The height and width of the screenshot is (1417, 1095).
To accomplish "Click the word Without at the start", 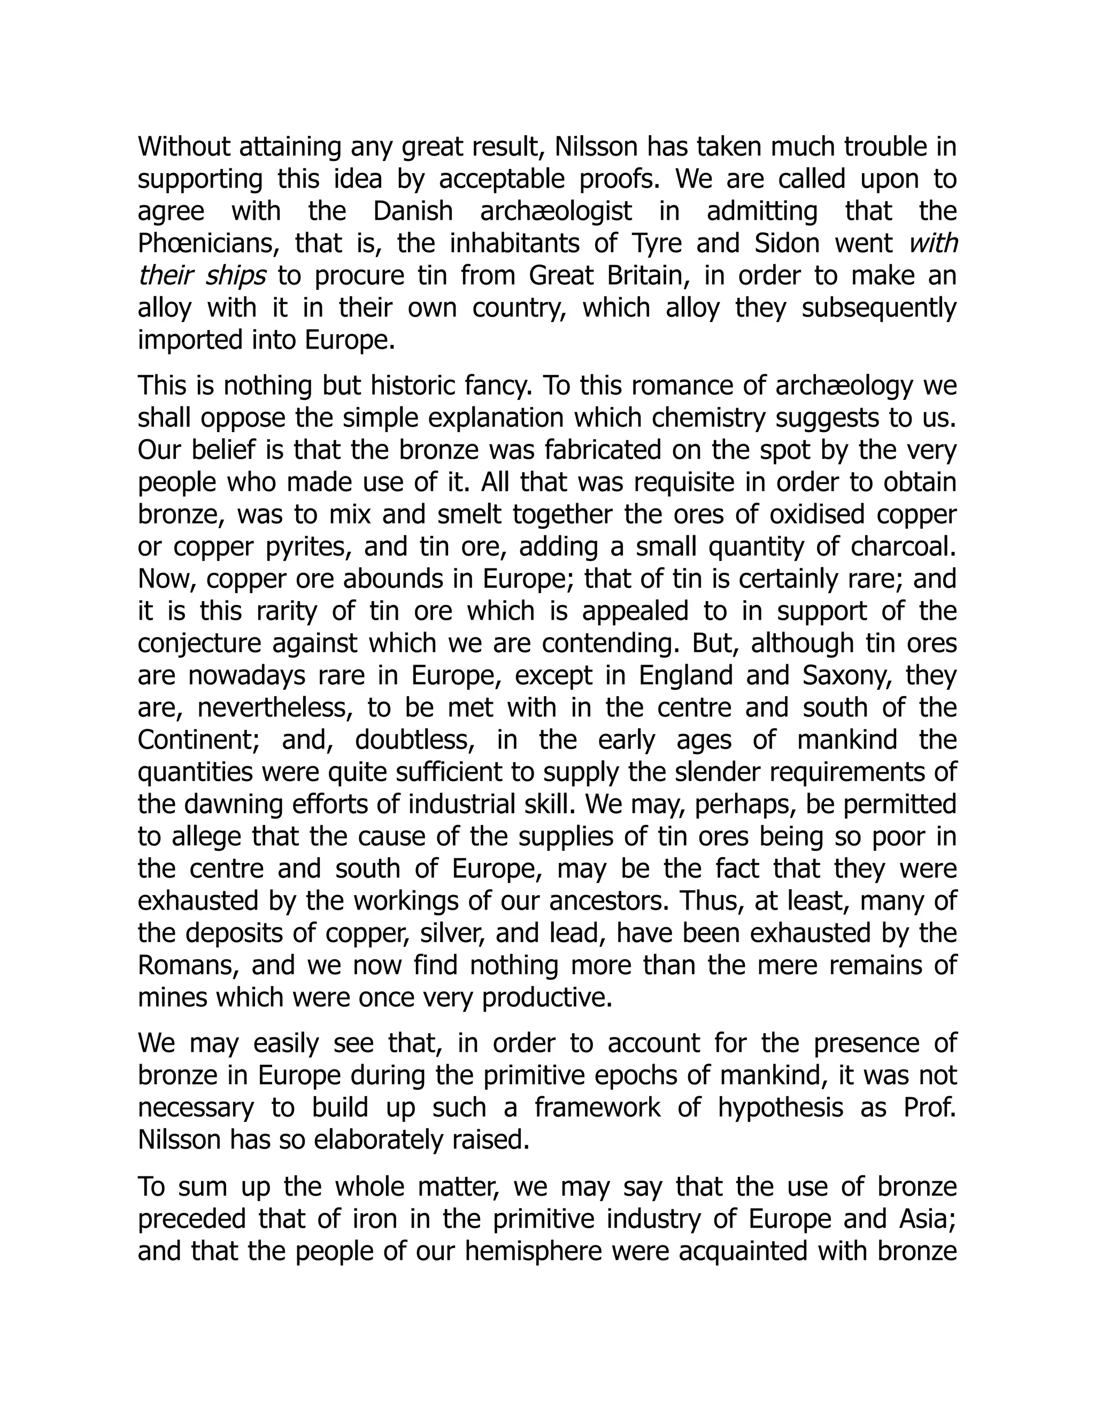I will tap(183, 147).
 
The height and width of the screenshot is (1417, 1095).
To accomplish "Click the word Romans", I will tap(188, 965).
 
